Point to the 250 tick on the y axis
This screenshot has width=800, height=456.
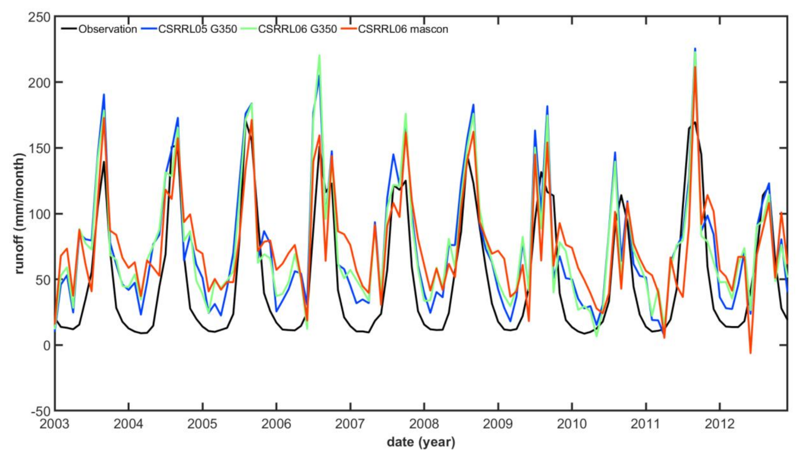tap(39, 17)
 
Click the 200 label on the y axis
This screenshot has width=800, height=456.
tap(39, 83)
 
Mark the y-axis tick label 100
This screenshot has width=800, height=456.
tap(39, 214)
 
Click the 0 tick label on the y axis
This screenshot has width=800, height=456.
tap(47, 345)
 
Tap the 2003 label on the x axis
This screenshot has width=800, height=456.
tap(55, 424)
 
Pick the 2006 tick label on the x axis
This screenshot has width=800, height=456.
tap(276, 424)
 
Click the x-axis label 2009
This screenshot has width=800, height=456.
tap(498, 424)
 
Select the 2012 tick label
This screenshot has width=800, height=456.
tap(719, 424)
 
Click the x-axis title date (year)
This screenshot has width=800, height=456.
tap(421, 442)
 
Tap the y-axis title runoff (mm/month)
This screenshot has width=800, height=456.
tap(19, 214)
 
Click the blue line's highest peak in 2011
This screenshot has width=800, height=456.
tap(695, 49)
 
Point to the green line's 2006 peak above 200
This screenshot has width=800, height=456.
tap(319, 55)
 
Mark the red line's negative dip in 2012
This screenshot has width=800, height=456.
tap(750, 353)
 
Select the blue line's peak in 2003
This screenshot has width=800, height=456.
tap(104, 94)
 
